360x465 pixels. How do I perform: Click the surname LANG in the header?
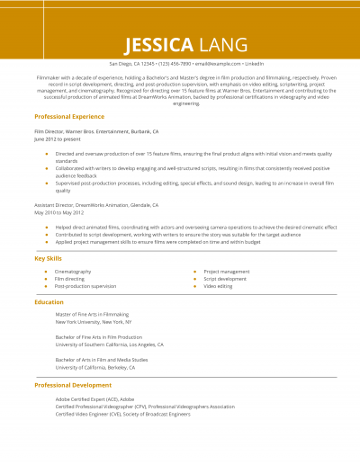pos(214,44)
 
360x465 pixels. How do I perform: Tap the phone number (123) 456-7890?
pos(176,65)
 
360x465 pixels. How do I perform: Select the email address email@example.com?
pos(218,65)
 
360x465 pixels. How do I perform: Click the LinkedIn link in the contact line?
pos(255,65)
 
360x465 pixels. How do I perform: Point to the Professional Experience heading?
pos(69,117)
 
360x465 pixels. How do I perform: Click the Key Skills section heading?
pos(49,258)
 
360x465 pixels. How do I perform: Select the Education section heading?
pos(49,301)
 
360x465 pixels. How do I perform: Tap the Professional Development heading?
pos(73,384)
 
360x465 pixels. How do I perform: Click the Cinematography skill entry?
pos(73,271)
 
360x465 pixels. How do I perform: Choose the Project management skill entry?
pos(227,271)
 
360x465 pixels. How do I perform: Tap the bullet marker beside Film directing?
pos(45,278)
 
